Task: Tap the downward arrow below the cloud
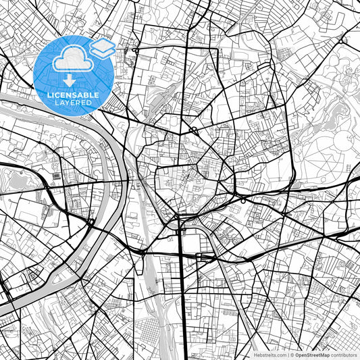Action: click(70, 80)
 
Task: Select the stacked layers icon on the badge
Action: click(102, 49)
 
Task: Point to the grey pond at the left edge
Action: click(12, 180)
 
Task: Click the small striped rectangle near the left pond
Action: click(54, 176)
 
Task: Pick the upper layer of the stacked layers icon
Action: click(102, 45)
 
